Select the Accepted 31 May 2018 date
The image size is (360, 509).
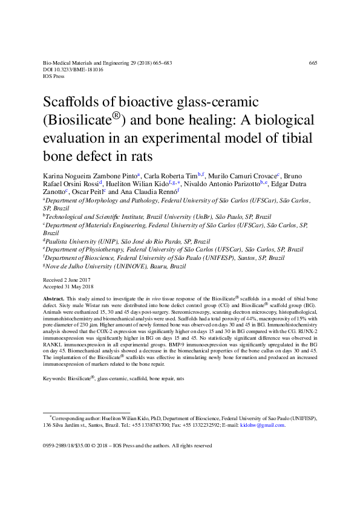[68, 287]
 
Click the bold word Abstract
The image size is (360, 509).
[53, 299]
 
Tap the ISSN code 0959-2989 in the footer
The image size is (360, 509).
[54, 446]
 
